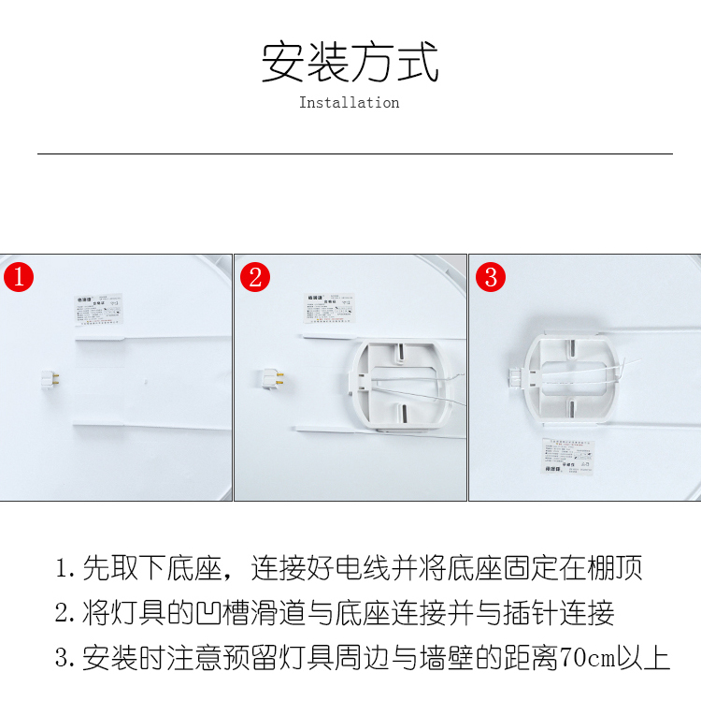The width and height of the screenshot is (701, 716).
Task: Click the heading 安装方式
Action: [x=350, y=62]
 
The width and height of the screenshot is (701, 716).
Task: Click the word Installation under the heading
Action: [x=349, y=103]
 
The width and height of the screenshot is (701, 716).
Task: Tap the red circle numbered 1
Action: [x=19, y=277]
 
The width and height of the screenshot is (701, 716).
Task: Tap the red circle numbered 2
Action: [x=255, y=277]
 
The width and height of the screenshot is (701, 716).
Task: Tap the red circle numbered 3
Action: [x=491, y=277]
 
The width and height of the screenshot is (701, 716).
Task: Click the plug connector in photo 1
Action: [x=50, y=380]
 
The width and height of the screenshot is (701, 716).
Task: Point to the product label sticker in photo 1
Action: [x=98, y=309]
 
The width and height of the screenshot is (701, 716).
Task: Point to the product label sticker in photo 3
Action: [x=569, y=456]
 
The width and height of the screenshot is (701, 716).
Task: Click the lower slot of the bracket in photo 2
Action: [x=402, y=413]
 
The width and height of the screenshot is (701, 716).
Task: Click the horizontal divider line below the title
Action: [x=354, y=153]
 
